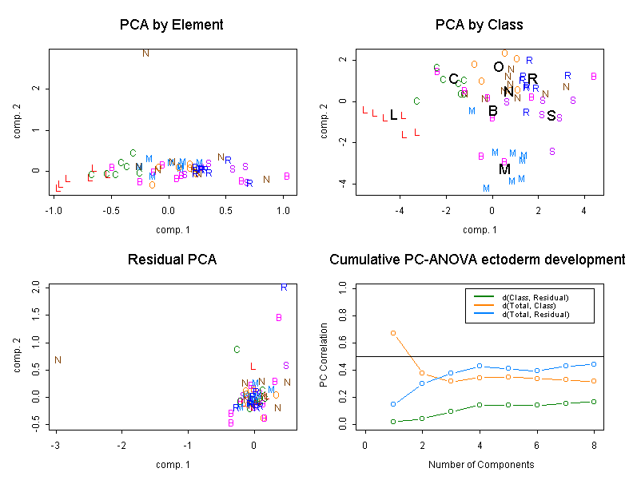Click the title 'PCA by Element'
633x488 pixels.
pyautogui.click(x=171, y=25)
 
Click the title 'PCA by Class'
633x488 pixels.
pyautogui.click(x=479, y=25)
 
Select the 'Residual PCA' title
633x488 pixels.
pyautogui.click(x=172, y=260)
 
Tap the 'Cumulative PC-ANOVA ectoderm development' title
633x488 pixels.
pyautogui.click(x=478, y=260)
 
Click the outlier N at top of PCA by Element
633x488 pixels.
pyautogui.click(x=145, y=54)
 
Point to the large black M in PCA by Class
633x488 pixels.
pyautogui.click(x=504, y=169)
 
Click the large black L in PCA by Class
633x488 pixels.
pyautogui.click(x=393, y=115)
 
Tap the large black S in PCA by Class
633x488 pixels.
pyautogui.click(x=551, y=116)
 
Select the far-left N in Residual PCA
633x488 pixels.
pyautogui.click(x=58, y=360)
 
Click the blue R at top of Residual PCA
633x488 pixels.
pyautogui.click(x=284, y=287)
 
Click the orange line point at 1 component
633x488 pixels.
pyautogui.click(x=393, y=332)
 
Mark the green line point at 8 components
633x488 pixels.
pyautogui.click(x=594, y=402)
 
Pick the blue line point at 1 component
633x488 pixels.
pyautogui.click(x=393, y=404)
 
